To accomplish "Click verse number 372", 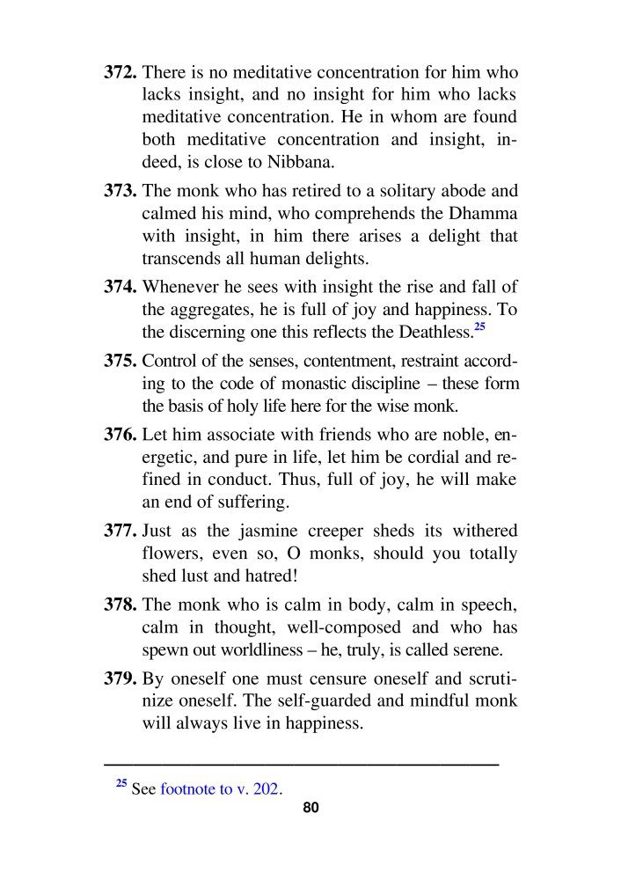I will point(122,72).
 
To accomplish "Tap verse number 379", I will point(122,678).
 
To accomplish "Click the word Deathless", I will point(428,332).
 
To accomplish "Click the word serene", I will point(475,650).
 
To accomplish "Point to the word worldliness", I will point(279,650).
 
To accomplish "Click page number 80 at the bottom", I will point(310,808).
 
